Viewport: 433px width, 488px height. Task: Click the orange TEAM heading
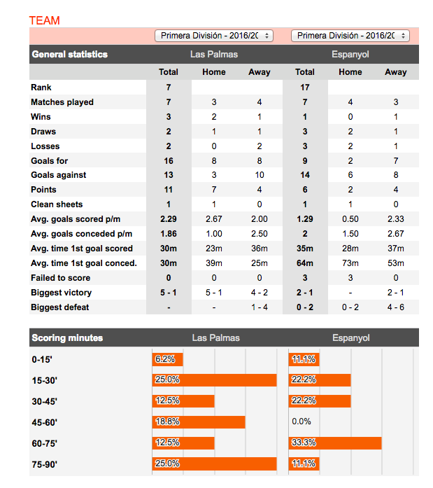(45, 20)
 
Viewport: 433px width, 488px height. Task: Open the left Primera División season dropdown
(213, 36)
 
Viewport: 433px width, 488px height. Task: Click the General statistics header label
(70, 55)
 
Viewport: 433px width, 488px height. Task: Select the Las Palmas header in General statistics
(213, 55)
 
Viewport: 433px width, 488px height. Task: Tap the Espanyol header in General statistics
(350, 55)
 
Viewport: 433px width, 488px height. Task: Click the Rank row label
(41, 88)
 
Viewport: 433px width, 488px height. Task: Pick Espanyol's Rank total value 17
(305, 88)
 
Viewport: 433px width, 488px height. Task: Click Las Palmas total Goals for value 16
(169, 160)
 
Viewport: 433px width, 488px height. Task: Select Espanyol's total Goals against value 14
(305, 175)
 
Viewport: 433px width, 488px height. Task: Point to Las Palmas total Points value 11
(169, 190)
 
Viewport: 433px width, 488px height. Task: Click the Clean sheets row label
(52, 204)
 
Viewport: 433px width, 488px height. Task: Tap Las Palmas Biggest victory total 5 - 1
(169, 293)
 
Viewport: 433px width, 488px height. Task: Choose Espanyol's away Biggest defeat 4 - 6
(395, 307)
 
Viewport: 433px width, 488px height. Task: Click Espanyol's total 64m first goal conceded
(305, 263)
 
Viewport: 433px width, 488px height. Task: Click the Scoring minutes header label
(67, 338)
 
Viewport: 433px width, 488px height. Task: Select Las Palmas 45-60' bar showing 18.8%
(199, 422)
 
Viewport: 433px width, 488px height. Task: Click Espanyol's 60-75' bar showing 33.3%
(335, 443)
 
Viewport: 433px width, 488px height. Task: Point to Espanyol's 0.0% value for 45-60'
(302, 422)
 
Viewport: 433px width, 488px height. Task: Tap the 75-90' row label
(45, 464)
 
